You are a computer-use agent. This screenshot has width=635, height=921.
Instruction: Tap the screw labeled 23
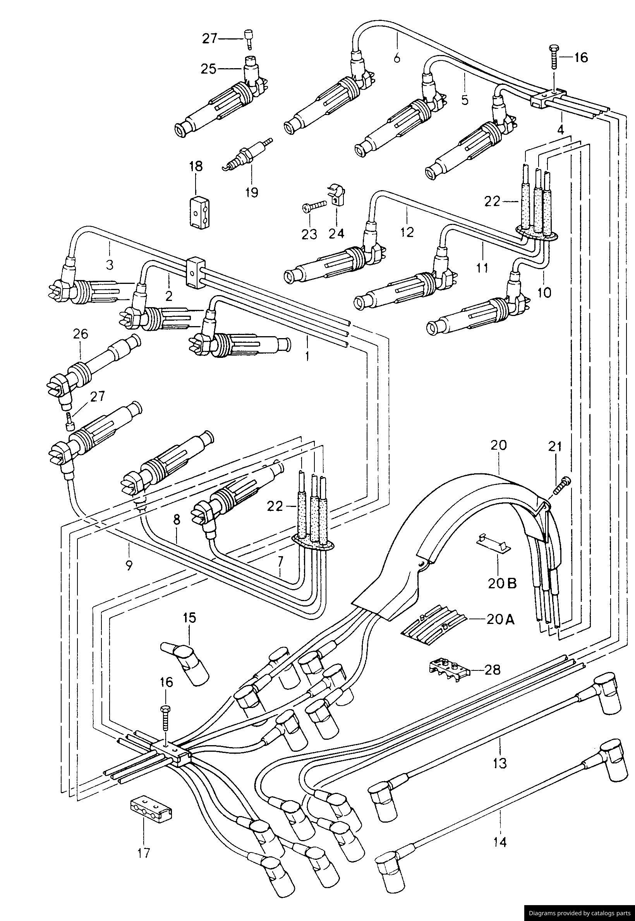click(314, 206)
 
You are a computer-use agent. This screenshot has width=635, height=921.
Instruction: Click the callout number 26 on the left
click(80, 333)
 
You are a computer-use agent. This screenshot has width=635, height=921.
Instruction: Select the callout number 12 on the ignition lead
click(407, 231)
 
